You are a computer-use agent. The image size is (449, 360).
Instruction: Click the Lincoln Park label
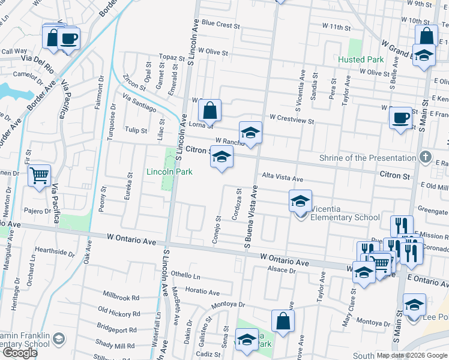pos(170,172)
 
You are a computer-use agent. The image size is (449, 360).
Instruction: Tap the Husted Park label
pos(360,60)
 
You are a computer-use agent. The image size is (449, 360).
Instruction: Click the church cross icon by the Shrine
pos(426,157)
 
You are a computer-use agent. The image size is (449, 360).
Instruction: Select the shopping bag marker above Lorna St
pos(209,111)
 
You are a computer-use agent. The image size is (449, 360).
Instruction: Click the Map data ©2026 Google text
pos(412,355)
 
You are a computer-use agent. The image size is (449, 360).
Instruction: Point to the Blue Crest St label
pos(221,26)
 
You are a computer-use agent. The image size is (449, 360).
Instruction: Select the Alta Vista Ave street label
pos(282,179)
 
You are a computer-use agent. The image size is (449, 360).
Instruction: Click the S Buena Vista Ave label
pos(250,217)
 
